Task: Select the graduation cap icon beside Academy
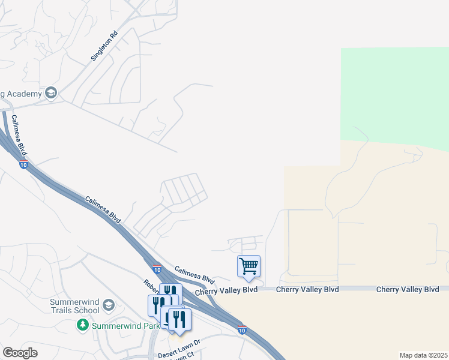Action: pyautogui.click(x=51, y=93)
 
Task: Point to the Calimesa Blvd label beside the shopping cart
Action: pyautogui.click(x=194, y=275)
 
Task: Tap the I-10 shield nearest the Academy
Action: pyautogui.click(x=23, y=165)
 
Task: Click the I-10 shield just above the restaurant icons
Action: pyautogui.click(x=157, y=269)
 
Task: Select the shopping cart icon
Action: pyautogui.click(x=249, y=265)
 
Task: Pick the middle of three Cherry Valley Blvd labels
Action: pyautogui.click(x=307, y=289)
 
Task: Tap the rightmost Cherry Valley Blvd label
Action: pyautogui.click(x=408, y=289)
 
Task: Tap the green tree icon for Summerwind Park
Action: pyautogui.click(x=83, y=325)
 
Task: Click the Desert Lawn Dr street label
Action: pyautogui.click(x=179, y=347)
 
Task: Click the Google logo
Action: pyautogui.click(x=20, y=353)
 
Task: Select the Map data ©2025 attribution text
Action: pyautogui.click(x=423, y=355)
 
